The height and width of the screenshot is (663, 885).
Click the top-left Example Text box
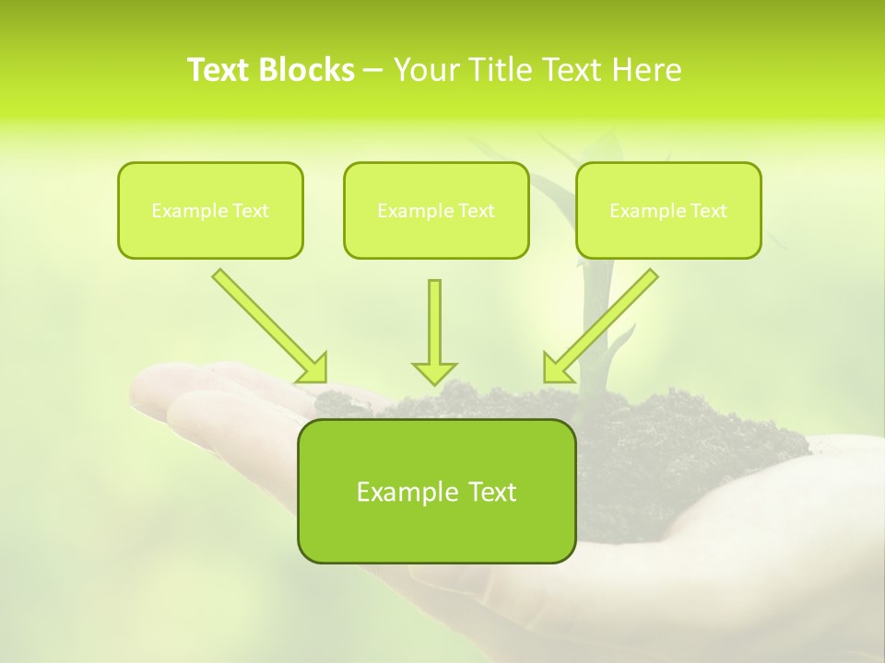point(210,210)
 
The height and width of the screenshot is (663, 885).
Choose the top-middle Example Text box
point(436,210)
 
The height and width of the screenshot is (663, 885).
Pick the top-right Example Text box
point(668,210)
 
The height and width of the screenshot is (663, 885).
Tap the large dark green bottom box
point(436,491)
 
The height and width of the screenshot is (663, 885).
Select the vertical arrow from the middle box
point(434,322)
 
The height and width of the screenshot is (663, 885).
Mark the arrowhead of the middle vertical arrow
point(434,372)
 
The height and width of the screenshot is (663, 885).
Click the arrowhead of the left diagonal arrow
point(314,368)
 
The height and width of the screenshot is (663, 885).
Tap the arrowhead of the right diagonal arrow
point(555,368)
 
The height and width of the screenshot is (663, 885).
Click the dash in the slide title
point(373,71)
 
